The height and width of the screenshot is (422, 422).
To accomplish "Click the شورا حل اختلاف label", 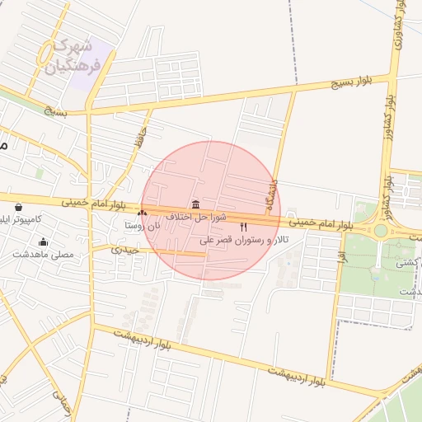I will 195,216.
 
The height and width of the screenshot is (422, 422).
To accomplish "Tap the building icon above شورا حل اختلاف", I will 195,204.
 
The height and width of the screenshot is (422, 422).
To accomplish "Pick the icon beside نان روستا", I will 142,213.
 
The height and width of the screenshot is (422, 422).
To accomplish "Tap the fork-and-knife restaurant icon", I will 243,227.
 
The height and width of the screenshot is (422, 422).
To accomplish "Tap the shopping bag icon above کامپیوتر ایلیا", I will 19,207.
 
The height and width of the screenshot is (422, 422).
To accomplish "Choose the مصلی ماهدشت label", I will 43,255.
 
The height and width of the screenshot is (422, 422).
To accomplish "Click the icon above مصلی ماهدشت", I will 43,242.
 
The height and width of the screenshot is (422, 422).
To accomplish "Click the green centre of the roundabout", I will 380,231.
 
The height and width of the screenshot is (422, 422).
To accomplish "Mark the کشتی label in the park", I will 406,264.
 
